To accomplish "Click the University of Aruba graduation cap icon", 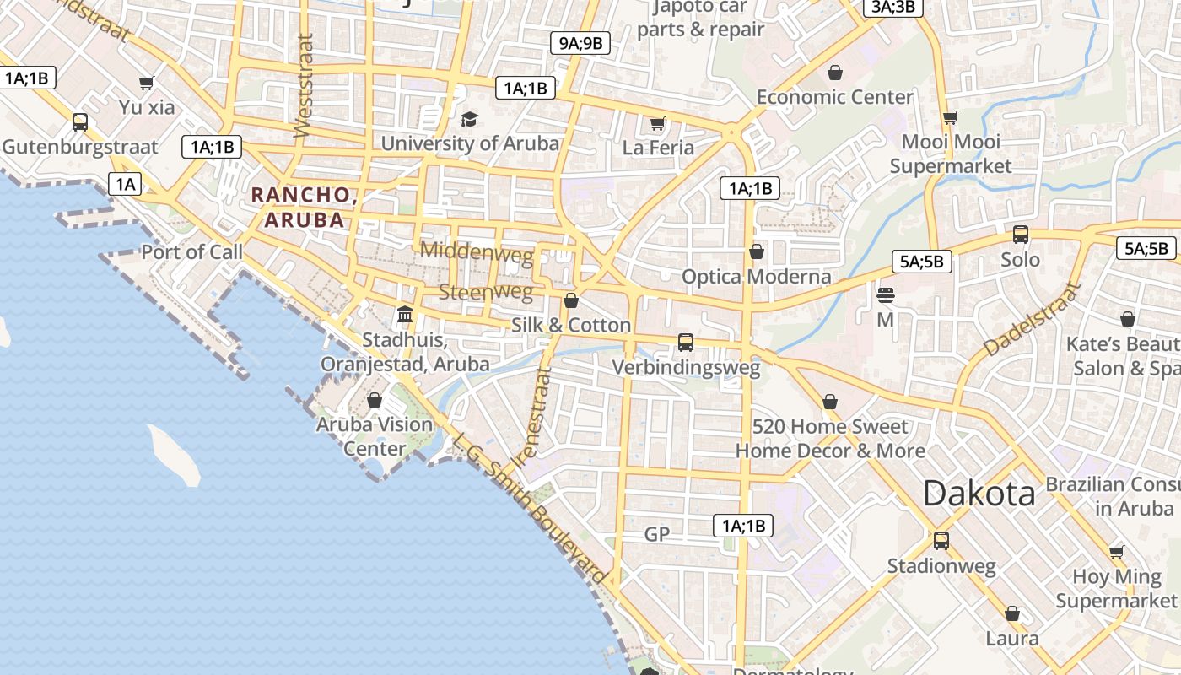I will (x=469, y=119).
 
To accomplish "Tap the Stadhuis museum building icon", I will (x=405, y=314).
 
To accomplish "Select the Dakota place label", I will (x=979, y=493).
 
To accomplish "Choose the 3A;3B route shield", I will (x=893, y=8).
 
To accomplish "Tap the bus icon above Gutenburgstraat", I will (x=80, y=122).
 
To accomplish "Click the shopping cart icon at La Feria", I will (x=658, y=124).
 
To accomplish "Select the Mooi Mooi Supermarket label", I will (x=951, y=154).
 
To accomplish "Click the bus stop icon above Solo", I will (x=1021, y=235).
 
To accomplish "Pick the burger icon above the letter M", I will (x=885, y=295).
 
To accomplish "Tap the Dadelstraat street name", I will (x=1032, y=318).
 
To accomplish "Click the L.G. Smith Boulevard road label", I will (x=530, y=510).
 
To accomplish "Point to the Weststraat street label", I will (x=304, y=85).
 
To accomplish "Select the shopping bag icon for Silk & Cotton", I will (x=571, y=300).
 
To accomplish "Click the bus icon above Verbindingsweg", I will (x=686, y=343).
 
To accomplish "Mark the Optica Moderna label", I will (x=756, y=277).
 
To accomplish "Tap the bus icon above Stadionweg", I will (x=941, y=540).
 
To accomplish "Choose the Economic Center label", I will (x=834, y=97).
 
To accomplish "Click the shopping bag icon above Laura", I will (x=1012, y=613).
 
